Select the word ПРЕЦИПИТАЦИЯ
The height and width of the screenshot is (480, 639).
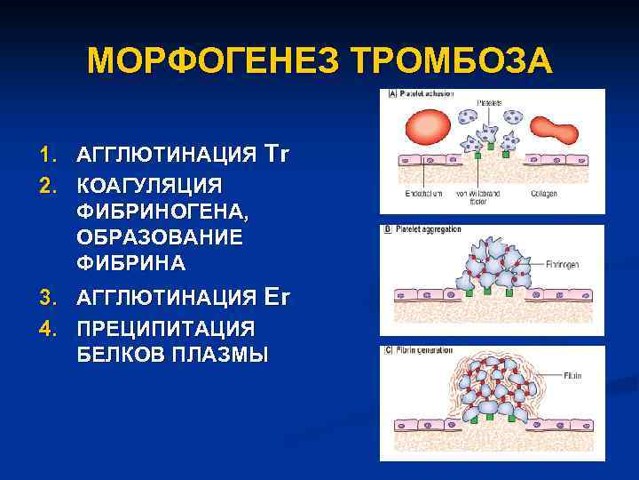coord(165,327)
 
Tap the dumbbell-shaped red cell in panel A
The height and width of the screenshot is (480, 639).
coord(559,132)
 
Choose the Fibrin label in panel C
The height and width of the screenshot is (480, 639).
coord(572,376)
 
